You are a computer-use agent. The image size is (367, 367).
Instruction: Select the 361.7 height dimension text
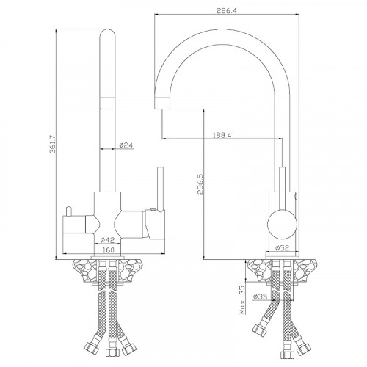click(53, 145)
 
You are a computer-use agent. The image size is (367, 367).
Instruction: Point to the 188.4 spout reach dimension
click(222, 135)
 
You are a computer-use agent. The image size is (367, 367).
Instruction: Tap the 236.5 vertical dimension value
click(200, 184)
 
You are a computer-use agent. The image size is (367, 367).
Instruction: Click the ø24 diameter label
click(126, 145)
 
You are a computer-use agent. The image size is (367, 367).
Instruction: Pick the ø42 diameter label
click(108, 240)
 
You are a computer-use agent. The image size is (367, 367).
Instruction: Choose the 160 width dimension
click(108, 250)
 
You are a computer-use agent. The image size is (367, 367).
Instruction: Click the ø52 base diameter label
click(282, 248)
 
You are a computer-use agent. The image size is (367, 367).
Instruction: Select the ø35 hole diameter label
click(260, 297)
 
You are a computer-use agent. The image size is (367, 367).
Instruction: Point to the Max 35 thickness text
click(242, 300)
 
